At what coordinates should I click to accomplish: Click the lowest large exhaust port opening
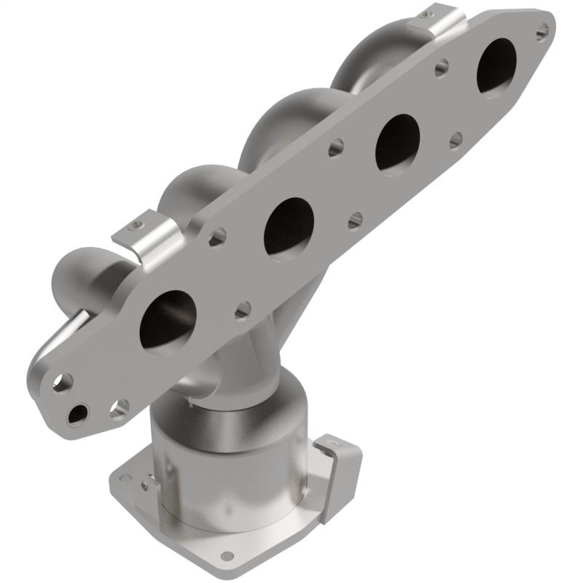point(168,321)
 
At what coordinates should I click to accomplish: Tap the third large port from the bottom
point(398,141)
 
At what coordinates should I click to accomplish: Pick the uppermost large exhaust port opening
point(497,66)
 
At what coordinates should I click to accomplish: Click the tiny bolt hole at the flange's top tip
point(542,31)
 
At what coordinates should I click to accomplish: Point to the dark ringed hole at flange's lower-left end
point(75,415)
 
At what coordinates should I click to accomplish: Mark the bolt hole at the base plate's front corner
point(227,556)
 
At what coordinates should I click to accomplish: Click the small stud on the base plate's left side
point(148,482)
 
